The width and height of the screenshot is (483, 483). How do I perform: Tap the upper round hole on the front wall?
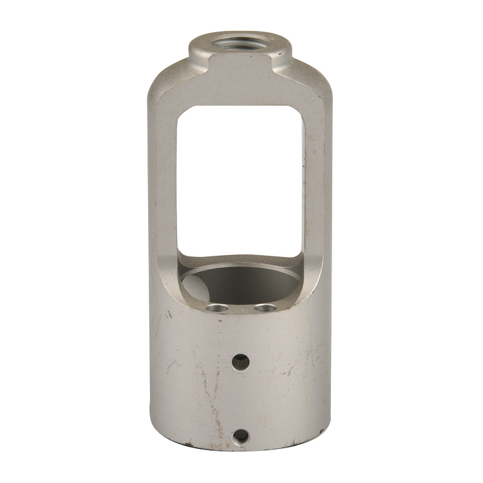240,361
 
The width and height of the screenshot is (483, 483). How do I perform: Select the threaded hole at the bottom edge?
240,437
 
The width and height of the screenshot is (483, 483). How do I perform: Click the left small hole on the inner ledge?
217,308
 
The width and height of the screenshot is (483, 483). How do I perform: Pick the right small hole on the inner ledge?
264,308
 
